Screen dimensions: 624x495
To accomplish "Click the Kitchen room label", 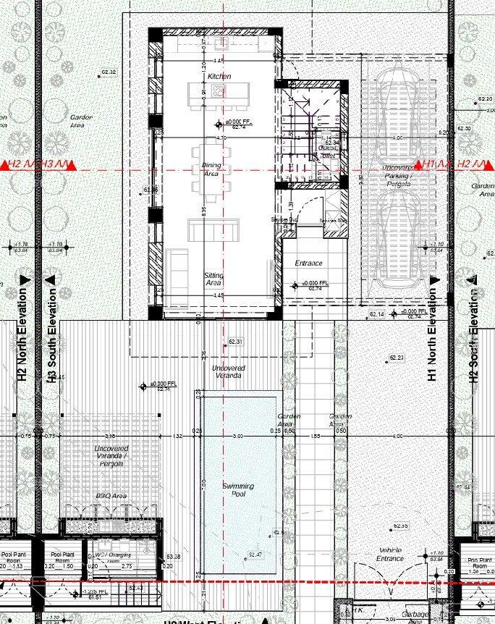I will click(x=219, y=76).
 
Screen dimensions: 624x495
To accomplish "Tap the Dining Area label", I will click(x=211, y=169).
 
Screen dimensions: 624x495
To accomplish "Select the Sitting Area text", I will click(x=213, y=279).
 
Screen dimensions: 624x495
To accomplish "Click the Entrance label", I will click(x=308, y=263).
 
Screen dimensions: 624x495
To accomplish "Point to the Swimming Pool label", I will click(x=240, y=489).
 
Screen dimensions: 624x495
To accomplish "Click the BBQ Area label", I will click(x=111, y=496).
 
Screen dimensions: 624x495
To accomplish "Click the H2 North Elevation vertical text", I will click(x=21, y=334).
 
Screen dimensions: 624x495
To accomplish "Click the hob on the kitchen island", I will click(x=219, y=92).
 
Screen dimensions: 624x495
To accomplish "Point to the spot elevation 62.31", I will click(x=234, y=342).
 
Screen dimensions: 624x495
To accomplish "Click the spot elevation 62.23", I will click(x=396, y=358).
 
